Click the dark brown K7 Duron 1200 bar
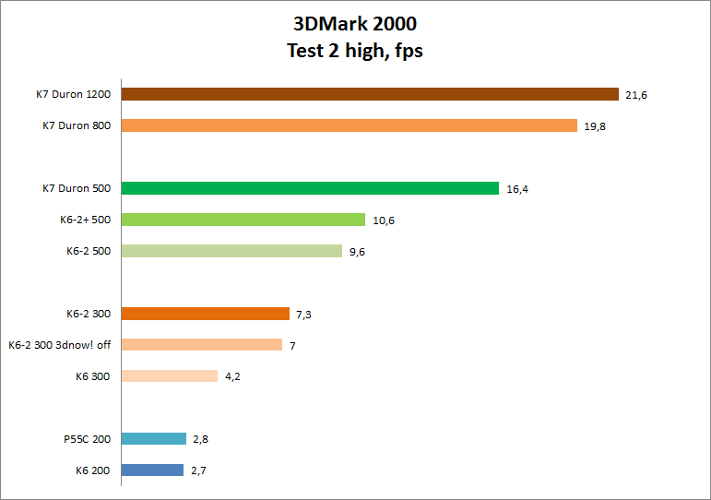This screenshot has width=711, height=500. pyautogui.click(x=369, y=94)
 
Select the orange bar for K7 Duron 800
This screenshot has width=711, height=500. pyautogui.click(x=349, y=125)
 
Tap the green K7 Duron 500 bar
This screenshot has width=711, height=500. pyautogui.click(x=310, y=188)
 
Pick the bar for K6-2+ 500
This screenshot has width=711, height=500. pyautogui.click(x=243, y=220)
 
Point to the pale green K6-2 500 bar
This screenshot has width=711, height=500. pyautogui.click(x=231, y=251)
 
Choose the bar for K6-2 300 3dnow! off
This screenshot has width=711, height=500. pyautogui.click(x=201, y=345)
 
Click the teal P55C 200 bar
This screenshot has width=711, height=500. pyautogui.click(x=153, y=439)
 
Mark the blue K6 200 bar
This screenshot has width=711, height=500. pyautogui.click(x=152, y=470)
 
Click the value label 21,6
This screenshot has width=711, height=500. pyautogui.click(x=636, y=95)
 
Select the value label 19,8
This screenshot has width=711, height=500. pyautogui.click(x=595, y=126)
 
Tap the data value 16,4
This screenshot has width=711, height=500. pyautogui.click(x=517, y=189)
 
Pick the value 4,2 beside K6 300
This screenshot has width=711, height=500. pyautogui.click(x=234, y=376)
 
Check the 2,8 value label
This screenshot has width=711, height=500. pyautogui.click(x=201, y=439)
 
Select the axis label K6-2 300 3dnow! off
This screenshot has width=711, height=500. pyautogui.click(x=59, y=345)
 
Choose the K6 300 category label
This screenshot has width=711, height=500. pyautogui.click(x=93, y=376)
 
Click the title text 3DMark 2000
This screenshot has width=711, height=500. pyautogui.click(x=355, y=25)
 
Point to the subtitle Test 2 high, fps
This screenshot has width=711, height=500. pyautogui.click(x=355, y=51)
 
